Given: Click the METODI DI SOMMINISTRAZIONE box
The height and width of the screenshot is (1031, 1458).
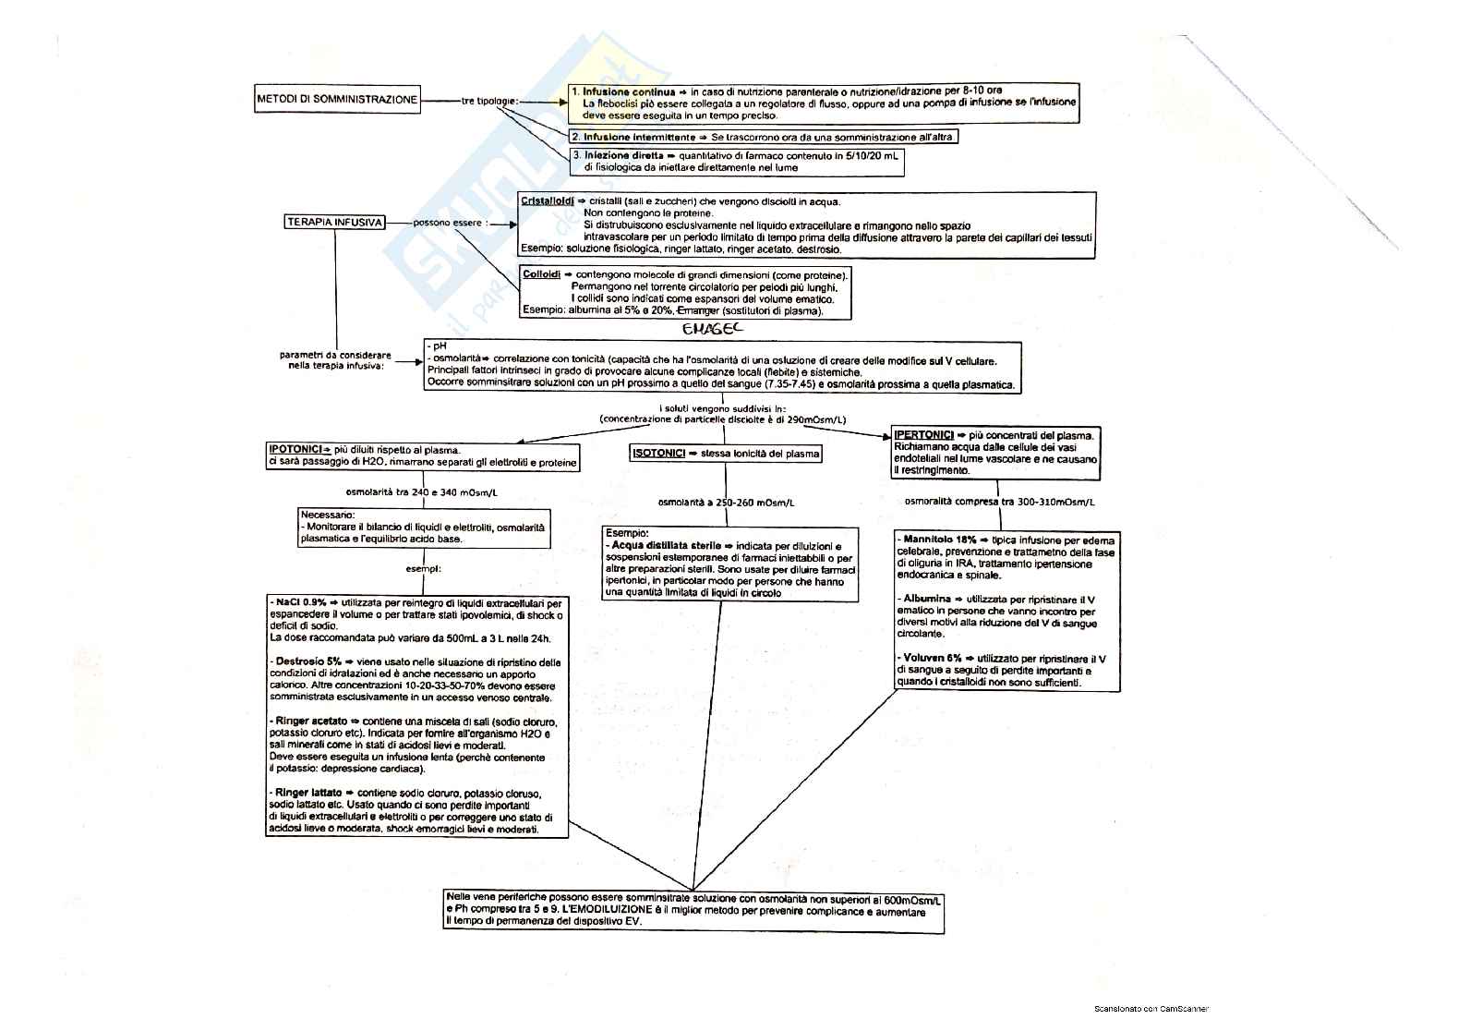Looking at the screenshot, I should [337, 100].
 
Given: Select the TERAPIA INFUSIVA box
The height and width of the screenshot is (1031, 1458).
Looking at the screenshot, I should [335, 223].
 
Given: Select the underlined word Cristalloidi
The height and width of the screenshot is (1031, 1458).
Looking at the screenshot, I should [548, 200].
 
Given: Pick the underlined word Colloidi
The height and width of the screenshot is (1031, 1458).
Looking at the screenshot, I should [541, 275].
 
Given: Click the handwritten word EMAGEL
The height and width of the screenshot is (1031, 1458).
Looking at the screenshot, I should [711, 328].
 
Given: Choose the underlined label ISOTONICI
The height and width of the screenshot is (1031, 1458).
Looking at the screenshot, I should [658, 454].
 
